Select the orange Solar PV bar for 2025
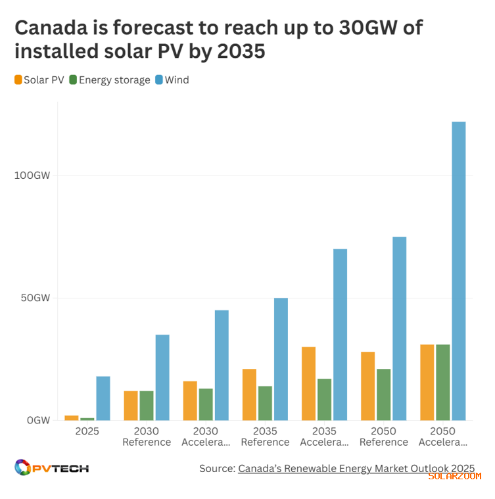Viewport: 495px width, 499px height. (x=71, y=418)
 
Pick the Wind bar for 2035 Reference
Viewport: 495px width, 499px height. (x=281, y=359)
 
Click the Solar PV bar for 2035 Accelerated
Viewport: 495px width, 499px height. (x=308, y=383)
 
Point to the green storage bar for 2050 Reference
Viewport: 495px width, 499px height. (x=383, y=394)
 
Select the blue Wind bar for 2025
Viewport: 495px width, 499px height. (x=103, y=398)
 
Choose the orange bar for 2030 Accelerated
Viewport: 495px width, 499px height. (x=190, y=400)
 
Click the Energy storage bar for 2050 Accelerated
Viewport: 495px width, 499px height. (x=442, y=382)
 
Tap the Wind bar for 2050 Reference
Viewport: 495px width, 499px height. (x=399, y=329)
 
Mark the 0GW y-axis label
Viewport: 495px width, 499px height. (x=38, y=420)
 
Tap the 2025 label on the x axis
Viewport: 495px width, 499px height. (x=87, y=431)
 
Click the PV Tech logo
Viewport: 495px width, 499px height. (x=51, y=468)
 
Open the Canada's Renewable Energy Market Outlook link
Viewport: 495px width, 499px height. (x=356, y=468)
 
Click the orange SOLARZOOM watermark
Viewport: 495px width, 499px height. (x=454, y=476)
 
